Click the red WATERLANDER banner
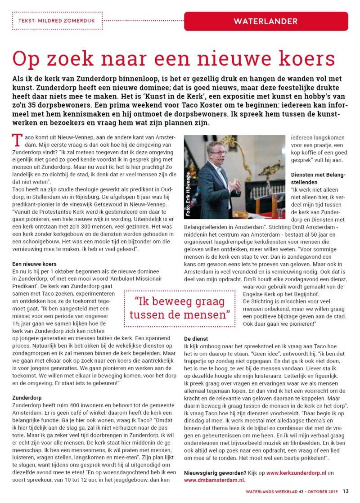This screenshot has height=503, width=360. point(265,21)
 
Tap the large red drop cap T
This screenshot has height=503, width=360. point(18,140)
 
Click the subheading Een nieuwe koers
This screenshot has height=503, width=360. point(34,264)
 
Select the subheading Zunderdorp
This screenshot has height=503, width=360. point(27,397)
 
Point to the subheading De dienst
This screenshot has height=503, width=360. point(196,338)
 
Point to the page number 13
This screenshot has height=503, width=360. point(346,491)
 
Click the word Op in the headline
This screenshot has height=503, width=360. point(26,59)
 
